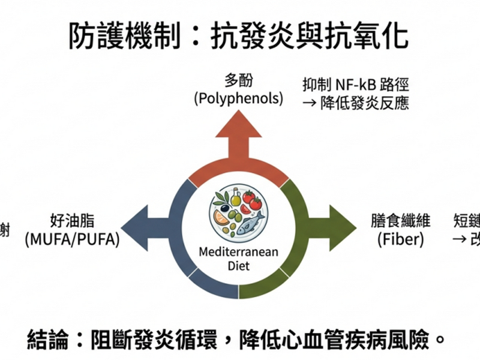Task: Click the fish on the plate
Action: (x=250, y=224)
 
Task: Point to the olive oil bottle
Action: (x=236, y=197)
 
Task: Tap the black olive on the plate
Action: (x=224, y=208)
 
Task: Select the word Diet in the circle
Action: (x=239, y=266)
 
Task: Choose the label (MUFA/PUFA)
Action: (x=73, y=239)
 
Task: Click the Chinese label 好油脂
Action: (x=73, y=221)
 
